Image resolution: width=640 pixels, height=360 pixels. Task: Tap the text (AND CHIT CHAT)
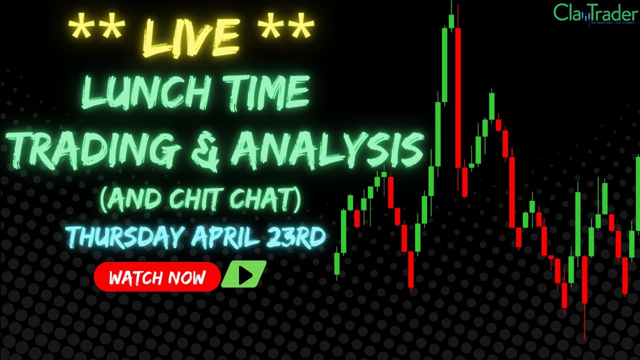[200, 200]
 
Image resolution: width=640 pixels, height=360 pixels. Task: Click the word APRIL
[228, 236]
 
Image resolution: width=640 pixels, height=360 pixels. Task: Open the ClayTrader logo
[594, 13]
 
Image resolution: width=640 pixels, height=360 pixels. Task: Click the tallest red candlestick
[458, 97]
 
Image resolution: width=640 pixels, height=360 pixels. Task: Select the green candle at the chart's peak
[451, 21]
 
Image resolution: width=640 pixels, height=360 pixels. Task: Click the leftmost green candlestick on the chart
[337, 263]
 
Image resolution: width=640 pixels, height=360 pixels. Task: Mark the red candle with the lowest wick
[584, 280]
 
